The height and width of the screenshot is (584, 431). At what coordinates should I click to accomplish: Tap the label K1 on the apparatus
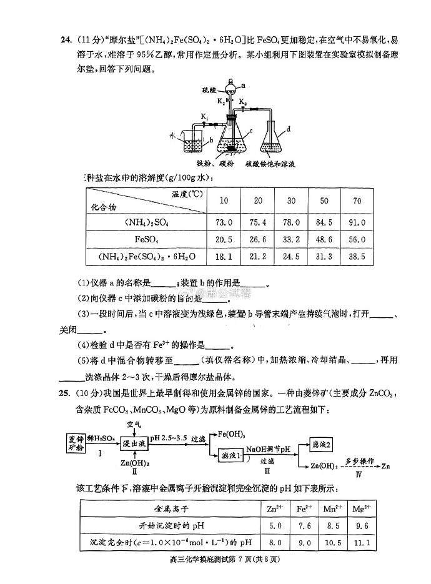tap(204, 116)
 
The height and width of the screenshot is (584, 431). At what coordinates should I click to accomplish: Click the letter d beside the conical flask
tap(289, 130)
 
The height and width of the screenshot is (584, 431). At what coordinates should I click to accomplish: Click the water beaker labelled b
tap(197, 143)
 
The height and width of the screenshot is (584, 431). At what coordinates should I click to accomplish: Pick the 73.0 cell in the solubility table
tap(224, 222)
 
